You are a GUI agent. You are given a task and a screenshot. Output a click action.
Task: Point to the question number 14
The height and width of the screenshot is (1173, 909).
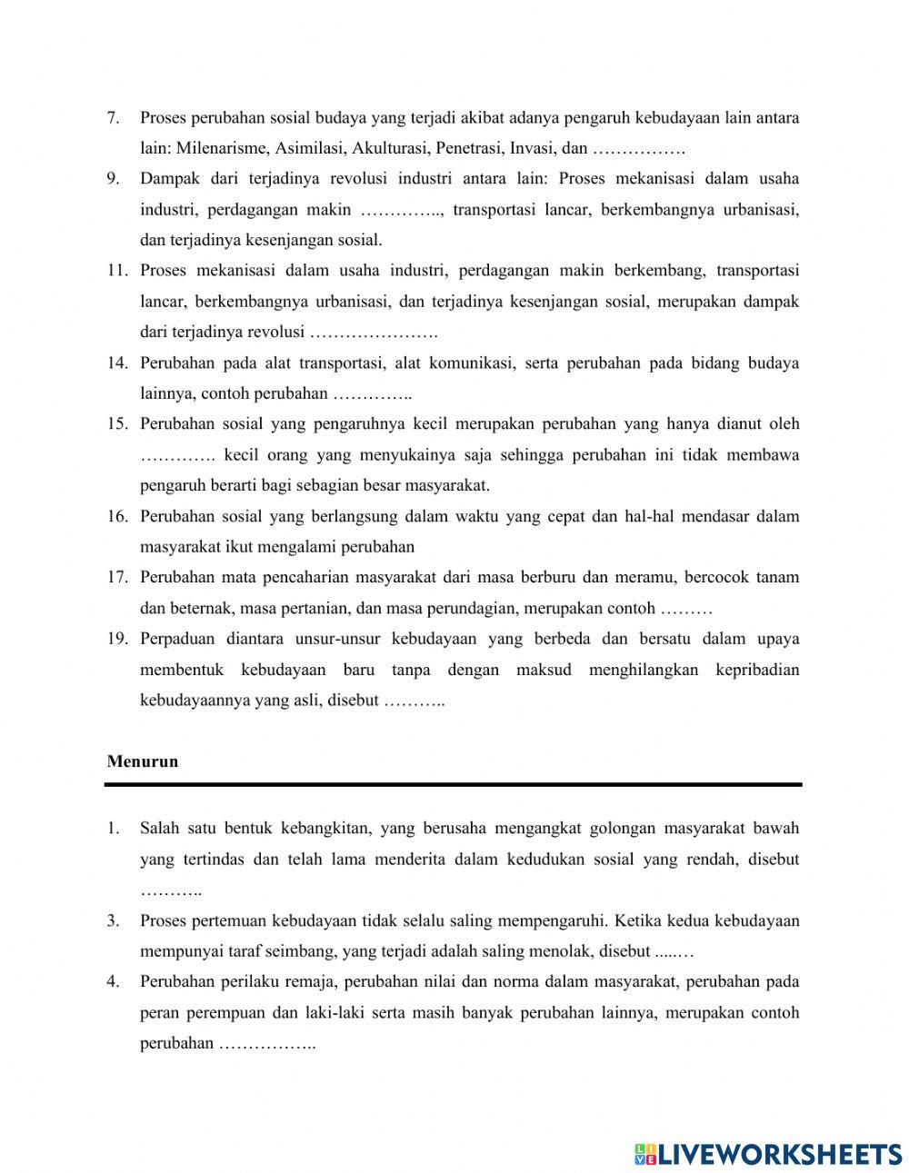point(116,363)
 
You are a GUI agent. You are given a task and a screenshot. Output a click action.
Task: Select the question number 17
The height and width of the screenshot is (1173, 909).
point(116,577)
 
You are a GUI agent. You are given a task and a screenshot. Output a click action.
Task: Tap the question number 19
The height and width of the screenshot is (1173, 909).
point(116,639)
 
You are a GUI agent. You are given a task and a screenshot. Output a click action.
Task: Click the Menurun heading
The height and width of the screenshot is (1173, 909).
point(143,761)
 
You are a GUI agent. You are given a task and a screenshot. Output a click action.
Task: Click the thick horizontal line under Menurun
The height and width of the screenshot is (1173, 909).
point(454,784)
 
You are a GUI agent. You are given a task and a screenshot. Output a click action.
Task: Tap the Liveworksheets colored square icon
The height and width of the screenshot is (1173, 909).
point(645,1154)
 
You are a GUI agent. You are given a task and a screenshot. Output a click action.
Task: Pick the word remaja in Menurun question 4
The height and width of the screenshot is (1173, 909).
point(310,981)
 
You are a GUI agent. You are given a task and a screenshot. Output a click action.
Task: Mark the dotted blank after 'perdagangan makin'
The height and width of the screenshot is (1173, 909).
point(401,210)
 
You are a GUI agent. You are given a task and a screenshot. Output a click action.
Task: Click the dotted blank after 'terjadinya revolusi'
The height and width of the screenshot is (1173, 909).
point(374,333)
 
